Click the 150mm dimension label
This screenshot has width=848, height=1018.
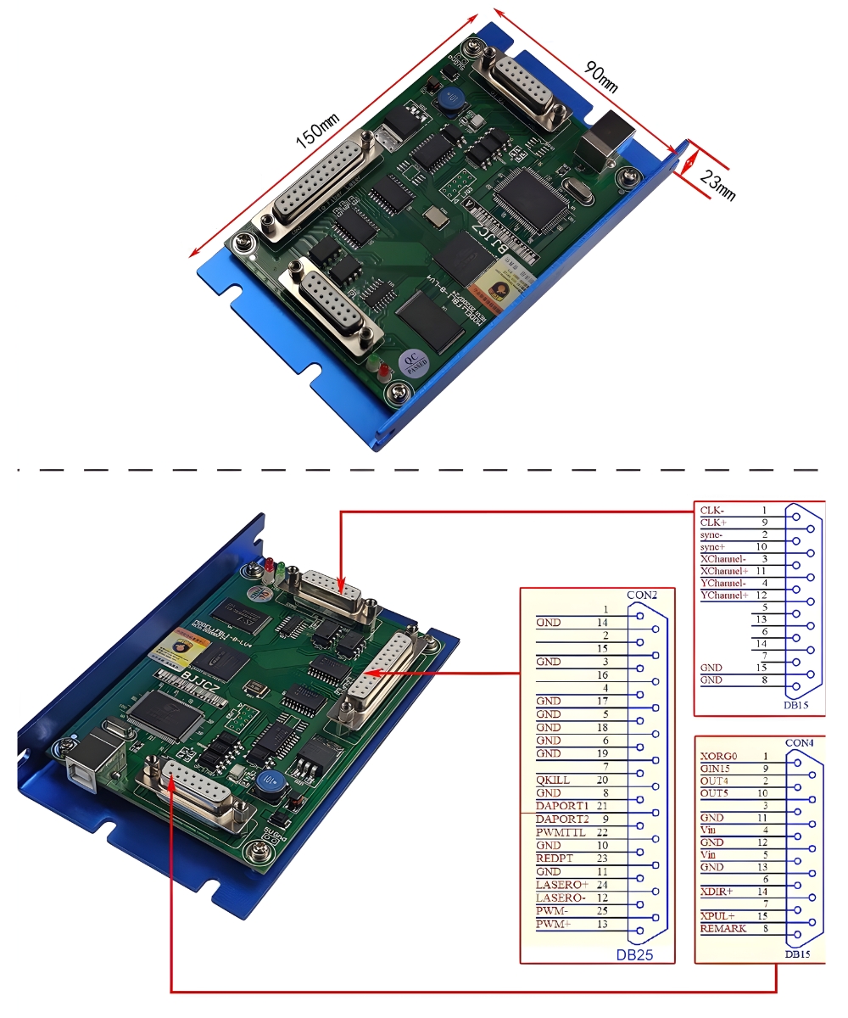316,131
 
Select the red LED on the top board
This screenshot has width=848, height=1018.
383,371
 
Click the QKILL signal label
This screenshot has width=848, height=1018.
553,780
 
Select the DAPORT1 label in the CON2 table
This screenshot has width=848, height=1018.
561,805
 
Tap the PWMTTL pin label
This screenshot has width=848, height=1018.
560,832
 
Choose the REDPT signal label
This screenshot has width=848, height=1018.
555,859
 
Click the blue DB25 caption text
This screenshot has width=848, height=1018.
634,956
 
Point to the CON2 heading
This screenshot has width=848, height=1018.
642,595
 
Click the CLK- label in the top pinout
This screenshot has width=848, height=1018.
711,511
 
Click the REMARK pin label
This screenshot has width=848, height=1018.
722,929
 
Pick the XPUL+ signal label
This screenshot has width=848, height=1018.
717,916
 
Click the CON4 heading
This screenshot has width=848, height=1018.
799,743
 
